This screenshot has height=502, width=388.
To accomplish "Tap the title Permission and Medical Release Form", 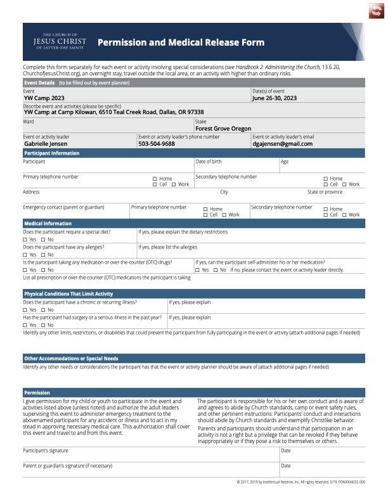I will point(181,42).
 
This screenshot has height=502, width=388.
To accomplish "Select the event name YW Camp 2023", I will point(44,98).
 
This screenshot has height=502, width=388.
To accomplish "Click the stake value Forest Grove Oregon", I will point(223,129).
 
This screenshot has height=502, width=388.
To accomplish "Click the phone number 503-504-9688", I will point(157,144).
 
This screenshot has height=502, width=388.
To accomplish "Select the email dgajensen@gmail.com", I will point(282,144).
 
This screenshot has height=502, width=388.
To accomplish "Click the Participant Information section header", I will point(51,153).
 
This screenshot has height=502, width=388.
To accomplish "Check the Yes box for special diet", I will point(25,240).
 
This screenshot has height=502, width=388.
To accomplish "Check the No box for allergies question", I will point(43,254).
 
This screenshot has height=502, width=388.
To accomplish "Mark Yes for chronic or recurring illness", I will point(25,309).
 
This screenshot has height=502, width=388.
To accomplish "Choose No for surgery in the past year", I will point(43,325).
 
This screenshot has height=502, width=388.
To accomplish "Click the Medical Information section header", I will point(48,224).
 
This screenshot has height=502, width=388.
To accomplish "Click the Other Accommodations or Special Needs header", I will point(71,358).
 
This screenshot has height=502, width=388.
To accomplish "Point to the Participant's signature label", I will point(46,450).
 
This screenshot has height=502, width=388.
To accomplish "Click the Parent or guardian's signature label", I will point(68,466).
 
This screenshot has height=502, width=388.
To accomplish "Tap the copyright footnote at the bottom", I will point(301,482).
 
